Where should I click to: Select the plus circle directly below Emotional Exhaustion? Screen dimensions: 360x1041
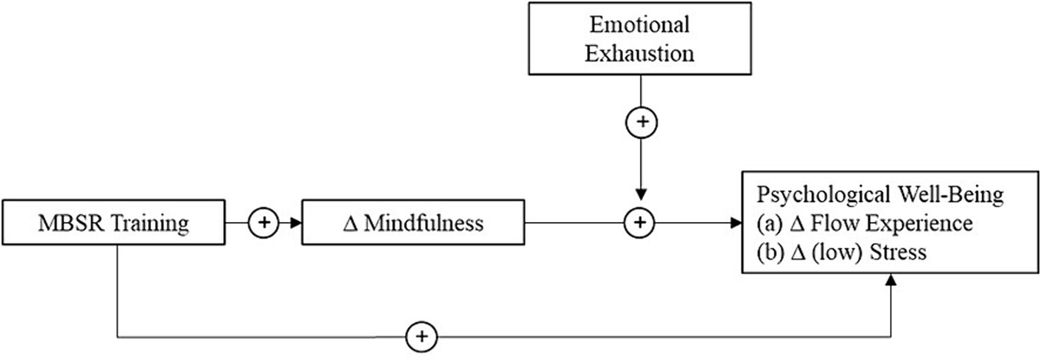[x=639, y=124]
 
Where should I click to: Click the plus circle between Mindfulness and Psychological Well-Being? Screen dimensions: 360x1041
[x=639, y=224]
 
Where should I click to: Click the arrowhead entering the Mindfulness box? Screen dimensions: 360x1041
[x=296, y=224]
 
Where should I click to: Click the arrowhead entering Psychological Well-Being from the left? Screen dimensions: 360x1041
[x=737, y=224]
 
